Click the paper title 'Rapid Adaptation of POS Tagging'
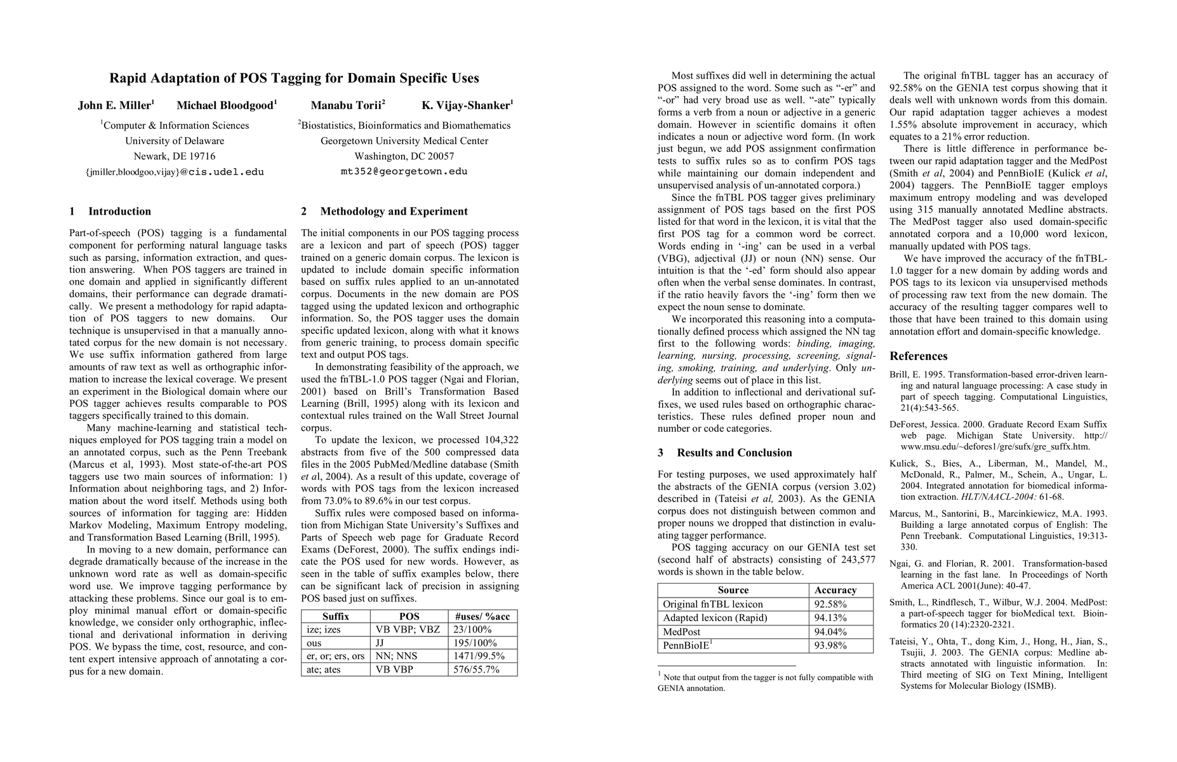point(294,79)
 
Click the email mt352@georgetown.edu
point(404,171)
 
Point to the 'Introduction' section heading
point(119,211)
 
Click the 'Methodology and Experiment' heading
point(394,211)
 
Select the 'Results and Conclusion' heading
point(734,453)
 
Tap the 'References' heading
point(918,356)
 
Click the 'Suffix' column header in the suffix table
point(336,617)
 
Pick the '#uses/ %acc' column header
point(482,617)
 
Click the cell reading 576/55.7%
point(476,669)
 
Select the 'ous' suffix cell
point(314,643)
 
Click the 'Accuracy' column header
point(835,591)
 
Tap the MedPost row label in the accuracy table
point(681,632)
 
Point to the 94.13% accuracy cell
point(830,618)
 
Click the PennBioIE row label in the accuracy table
point(686,646)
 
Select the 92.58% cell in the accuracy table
point(830,605)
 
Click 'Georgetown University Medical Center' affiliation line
point(404,141)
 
